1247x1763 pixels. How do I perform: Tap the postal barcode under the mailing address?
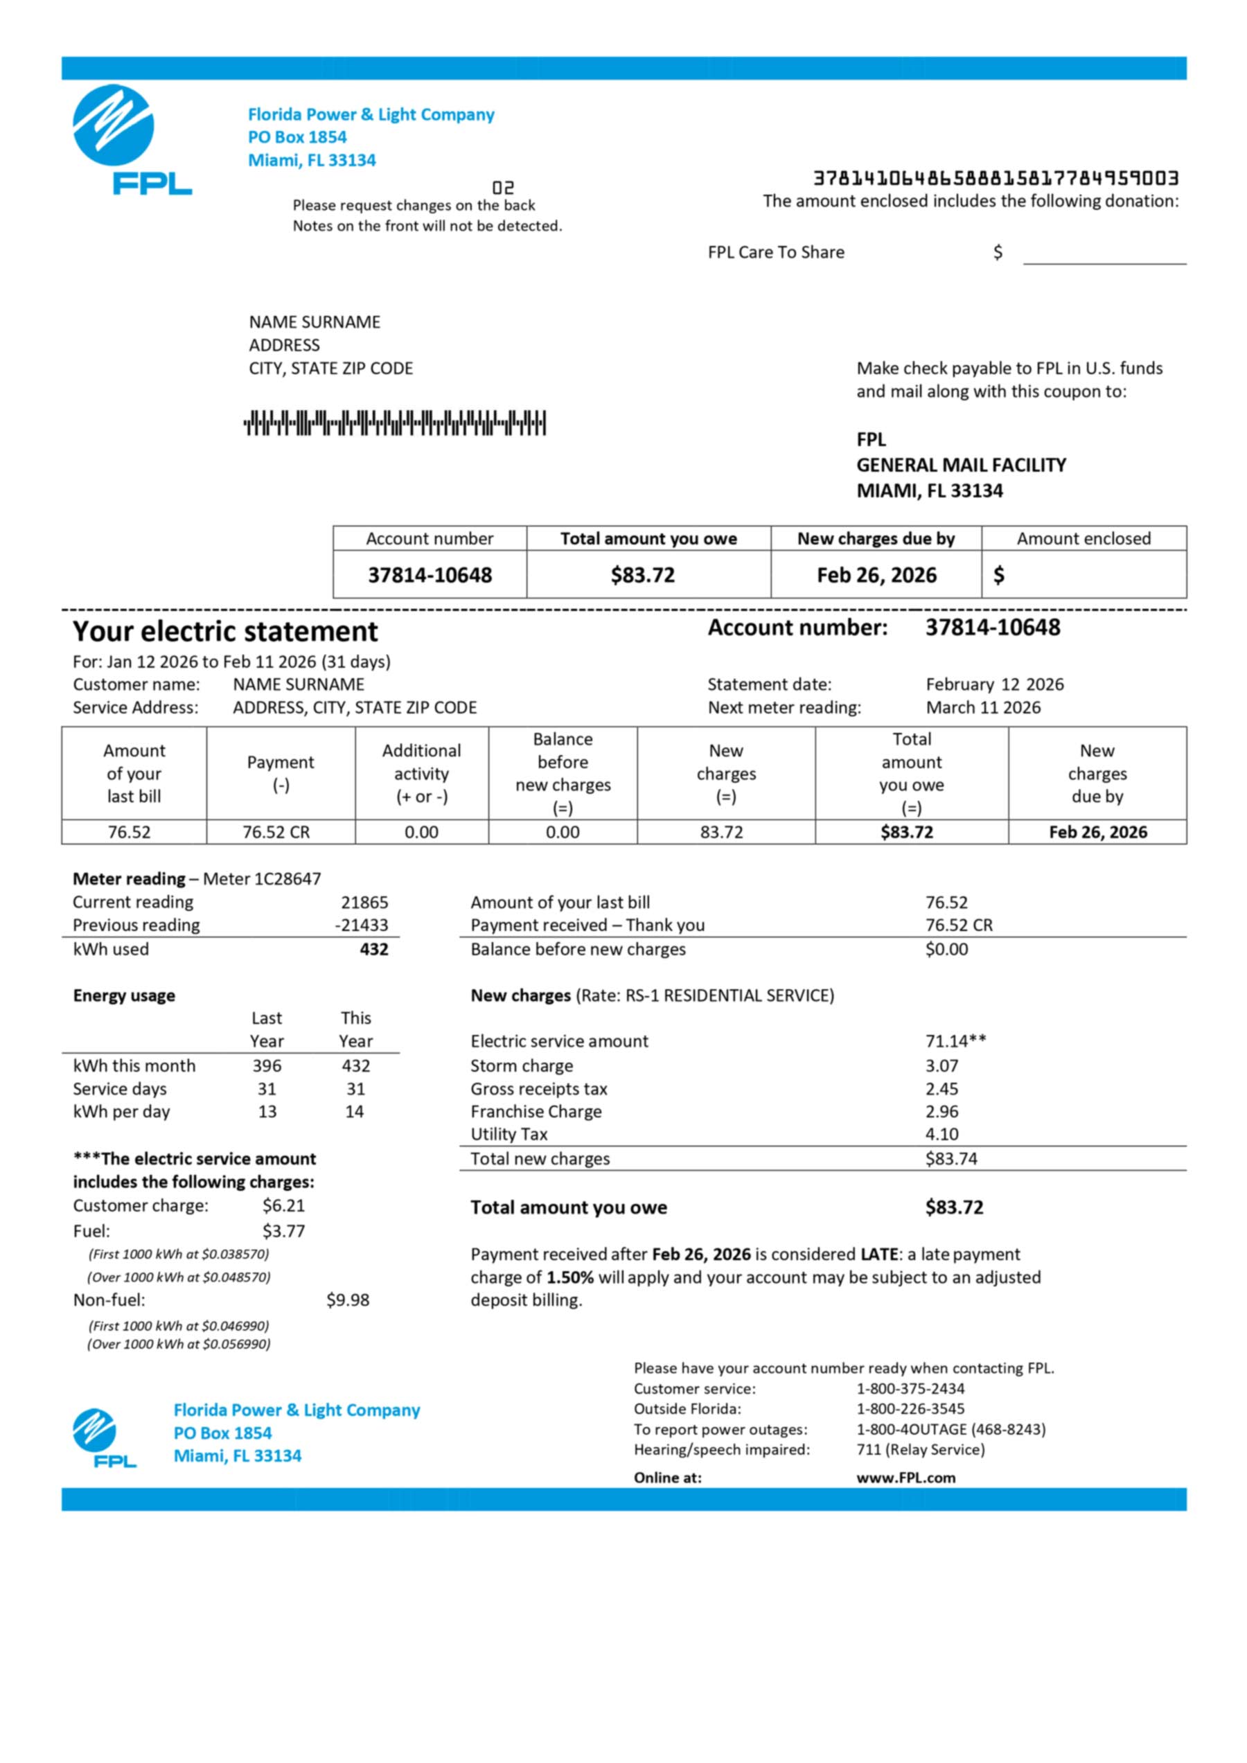395,423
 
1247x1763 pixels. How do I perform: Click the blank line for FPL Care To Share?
1104,255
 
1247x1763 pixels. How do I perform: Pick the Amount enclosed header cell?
1083,538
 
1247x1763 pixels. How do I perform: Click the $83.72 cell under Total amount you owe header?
643,575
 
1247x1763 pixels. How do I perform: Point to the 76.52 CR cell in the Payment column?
276,833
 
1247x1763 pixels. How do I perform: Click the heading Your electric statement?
225,631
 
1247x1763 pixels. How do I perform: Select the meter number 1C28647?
262,878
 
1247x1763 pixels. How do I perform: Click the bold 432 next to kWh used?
373,949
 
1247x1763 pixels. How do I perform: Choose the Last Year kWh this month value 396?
267,1066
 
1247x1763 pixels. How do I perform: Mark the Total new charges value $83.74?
950,1159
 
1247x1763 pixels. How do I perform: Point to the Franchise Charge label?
536,1112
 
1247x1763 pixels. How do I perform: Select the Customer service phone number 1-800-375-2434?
910,1388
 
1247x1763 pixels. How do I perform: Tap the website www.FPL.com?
905,1478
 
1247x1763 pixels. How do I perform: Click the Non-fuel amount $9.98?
347,1300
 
